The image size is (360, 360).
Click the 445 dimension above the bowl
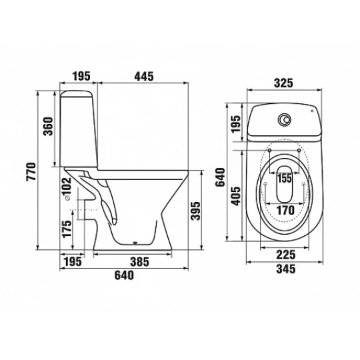pos(144,77)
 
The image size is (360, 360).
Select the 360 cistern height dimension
pos(49,126)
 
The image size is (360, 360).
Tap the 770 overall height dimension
pos(31,171)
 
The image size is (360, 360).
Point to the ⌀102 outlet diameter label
pos(67,189)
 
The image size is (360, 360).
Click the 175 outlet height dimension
pos(67,229)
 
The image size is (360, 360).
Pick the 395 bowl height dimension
pos(195,211)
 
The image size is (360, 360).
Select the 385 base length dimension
pos(139,262)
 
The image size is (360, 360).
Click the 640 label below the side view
pos(124,275)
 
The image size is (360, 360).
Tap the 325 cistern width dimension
pos(283,83)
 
